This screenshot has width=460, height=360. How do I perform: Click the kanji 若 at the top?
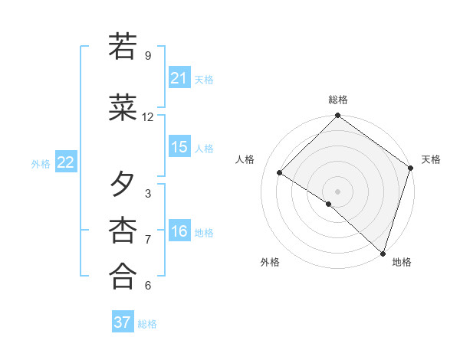123,47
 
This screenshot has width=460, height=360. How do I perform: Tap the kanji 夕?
123,185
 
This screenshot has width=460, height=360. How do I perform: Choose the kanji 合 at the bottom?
123,277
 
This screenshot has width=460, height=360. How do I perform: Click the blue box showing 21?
179,78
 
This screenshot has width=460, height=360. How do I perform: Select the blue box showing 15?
179,147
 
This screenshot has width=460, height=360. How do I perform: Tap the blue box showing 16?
179,231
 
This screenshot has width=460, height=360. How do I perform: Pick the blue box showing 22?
66,162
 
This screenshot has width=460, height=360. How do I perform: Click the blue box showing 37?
123,322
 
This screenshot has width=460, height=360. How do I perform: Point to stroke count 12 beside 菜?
148,117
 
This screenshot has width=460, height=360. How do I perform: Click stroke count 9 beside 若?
148,56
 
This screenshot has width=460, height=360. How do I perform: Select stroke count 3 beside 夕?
148,194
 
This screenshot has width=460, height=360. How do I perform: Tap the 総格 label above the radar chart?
338,100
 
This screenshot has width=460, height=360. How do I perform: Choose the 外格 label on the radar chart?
270,262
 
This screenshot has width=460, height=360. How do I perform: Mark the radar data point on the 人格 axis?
280,173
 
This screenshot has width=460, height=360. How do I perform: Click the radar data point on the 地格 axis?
383,252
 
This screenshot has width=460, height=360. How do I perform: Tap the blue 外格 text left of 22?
41,163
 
